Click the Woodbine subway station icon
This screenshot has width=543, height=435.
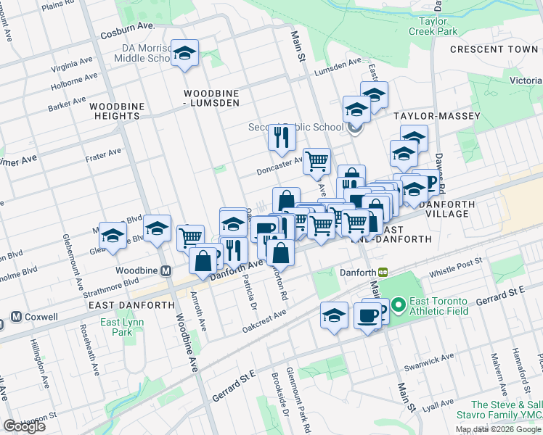click(x=166, y=271)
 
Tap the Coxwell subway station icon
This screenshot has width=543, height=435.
click(x=16, y=317)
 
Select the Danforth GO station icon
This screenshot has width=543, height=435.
click(x=383, y=272)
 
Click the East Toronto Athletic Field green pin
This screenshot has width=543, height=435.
click(x=399, y=307)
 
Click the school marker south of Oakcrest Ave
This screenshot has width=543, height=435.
click(x=334, y=315)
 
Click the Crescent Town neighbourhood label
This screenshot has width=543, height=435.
click(x=494, y=49)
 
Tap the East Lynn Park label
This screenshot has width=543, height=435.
click(x=120, y=327)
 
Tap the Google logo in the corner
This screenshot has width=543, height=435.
click(x=24, y=426)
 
